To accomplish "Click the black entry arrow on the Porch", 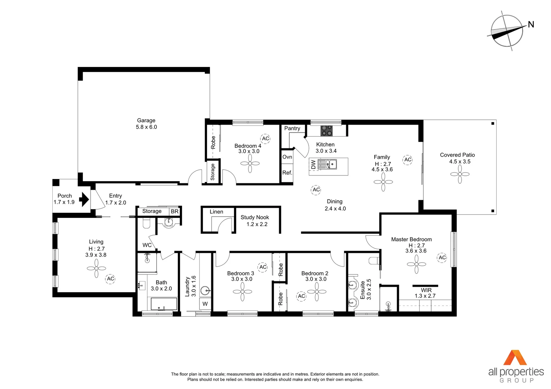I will pos(84,199).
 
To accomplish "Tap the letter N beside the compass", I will pos(530,24).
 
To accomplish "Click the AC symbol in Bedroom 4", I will pos(265,139).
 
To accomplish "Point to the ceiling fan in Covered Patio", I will pos(460,174).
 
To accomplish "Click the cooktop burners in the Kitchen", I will pos(327,130).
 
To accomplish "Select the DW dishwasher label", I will pos(313,165).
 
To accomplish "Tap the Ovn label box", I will pos(287,157).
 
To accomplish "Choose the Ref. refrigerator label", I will pos(287,173).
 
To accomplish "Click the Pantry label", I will pos(292,128).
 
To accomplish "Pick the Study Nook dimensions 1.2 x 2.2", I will pos(257,224).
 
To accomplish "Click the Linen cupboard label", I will pos(216,212).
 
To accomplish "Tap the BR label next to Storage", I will pos(175,211).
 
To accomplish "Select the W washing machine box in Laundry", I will pos(205,304).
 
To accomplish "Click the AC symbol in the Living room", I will pos(110,279).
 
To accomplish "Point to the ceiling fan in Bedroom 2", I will pos(317,291).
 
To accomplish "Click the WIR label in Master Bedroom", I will pos(426,290).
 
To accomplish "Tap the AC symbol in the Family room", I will pos(407,160).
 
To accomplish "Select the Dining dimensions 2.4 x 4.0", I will pos(335,209).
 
